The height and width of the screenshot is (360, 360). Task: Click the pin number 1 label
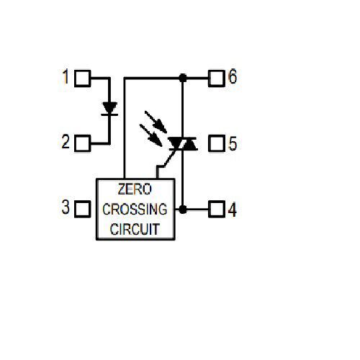coord(66,76)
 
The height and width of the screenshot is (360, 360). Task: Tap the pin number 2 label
coord(66,142)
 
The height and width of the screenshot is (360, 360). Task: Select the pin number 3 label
coord(66,207)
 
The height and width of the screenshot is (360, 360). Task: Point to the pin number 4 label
coord(232,210)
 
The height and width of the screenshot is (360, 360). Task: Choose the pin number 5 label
coord(233,143)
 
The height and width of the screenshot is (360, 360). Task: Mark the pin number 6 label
coord(233,76)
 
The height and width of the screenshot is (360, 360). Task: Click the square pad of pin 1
coord(83,78)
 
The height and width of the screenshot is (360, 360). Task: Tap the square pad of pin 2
coord(83,143)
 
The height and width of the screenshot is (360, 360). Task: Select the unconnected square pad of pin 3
coord(83,209)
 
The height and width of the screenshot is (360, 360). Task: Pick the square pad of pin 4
coord(217,209)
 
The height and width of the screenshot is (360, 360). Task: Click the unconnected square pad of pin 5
coord(217,143)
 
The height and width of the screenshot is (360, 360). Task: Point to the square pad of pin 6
coord(217,78)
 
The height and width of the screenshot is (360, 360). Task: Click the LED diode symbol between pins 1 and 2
coord(109,109)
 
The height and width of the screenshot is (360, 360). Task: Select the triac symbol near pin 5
coord(183,143)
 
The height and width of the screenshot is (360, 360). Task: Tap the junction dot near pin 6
coord(183,78)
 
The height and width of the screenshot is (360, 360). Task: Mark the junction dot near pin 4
coord(183,210)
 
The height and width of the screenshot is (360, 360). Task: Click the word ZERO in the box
coord(135,189)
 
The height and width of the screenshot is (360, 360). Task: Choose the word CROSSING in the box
coord(135,209)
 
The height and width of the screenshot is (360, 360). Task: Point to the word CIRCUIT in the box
coord(135,229)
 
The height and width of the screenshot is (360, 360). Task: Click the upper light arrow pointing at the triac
coord(156,122)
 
